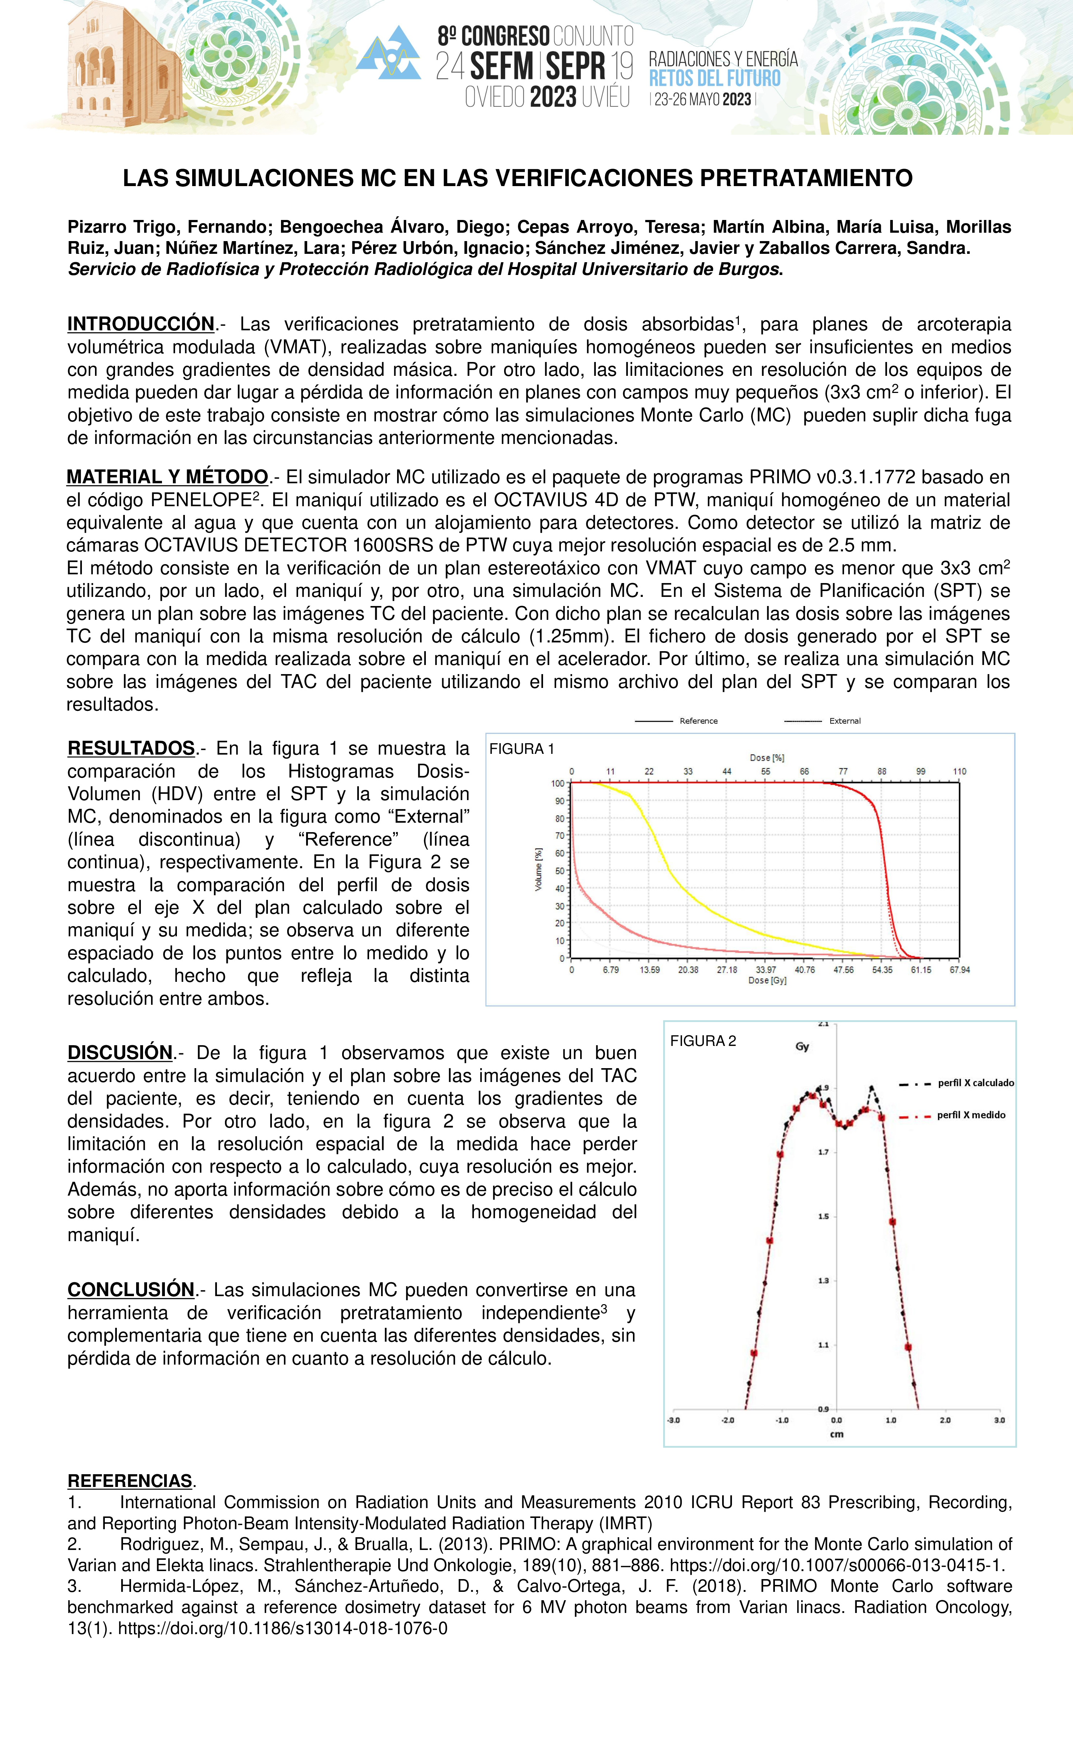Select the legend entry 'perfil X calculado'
coord(975,1083)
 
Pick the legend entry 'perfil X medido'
coord(970,1115)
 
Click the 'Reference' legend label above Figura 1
coord(698,721)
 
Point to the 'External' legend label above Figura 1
coord(845,721)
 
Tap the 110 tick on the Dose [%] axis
coord(959,771)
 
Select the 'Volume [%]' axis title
coord(539,869)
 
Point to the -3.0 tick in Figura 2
coord(673,1420)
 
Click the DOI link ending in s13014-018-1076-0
coord(283,1628)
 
